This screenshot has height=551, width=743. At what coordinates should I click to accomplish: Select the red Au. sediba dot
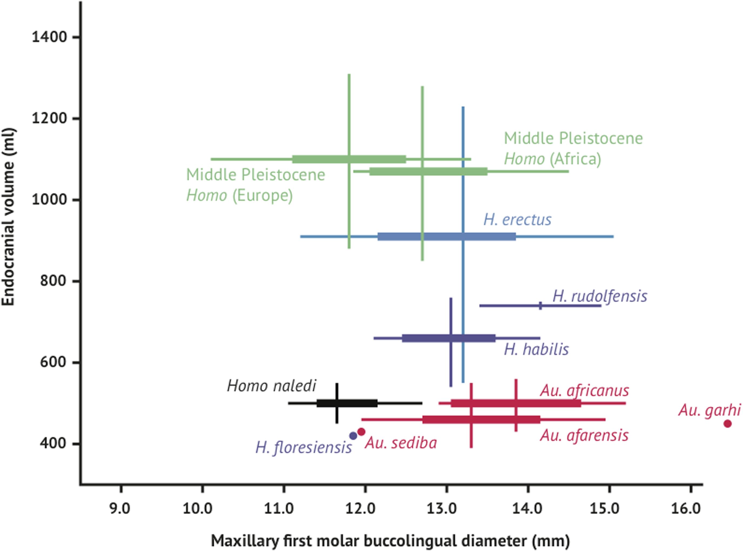(x=361, y=432)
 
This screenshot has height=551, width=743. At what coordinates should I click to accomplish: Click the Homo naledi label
(x=271, y=386)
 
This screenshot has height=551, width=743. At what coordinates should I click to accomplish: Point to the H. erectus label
(x=517, y=220)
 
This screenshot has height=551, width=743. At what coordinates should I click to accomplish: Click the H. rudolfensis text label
(x=600, y=296)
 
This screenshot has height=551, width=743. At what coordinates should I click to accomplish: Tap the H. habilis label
(x=536, y=350)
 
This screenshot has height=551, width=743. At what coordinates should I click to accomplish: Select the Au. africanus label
(x=584, y=391)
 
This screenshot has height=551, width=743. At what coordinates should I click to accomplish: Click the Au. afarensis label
(x=584, y=436)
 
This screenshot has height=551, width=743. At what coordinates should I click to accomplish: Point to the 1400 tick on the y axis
(x=50, y=37)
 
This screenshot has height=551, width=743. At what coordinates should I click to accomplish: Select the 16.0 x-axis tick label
(x=690, y=509)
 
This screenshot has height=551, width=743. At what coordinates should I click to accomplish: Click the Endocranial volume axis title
(x=8, y=217)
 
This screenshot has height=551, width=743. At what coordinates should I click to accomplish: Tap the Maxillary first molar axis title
(x=390, y=541)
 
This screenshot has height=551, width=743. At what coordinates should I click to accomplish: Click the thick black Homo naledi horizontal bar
(x=347, y=403)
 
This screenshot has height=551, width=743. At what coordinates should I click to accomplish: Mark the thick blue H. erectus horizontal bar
(x=446, y=237)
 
